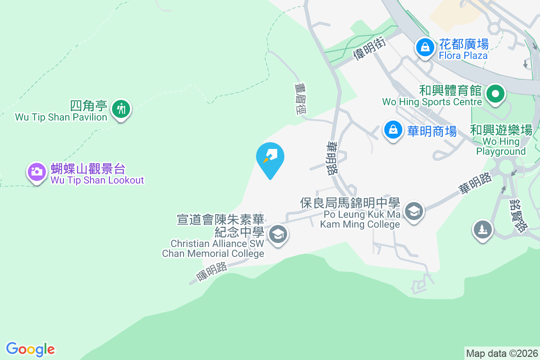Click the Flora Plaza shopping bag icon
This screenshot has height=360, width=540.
click(424, 46)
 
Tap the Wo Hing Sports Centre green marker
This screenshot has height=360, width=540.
click(495, 94)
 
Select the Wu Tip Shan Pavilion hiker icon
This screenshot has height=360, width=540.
click(121, 108)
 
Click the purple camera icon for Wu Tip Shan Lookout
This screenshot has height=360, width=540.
click(36, 171)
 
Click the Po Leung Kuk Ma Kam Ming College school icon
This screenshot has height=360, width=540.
click(414, 210)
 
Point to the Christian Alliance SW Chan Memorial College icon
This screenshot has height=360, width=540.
click(278, 234)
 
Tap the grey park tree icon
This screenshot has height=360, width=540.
click(482, 229)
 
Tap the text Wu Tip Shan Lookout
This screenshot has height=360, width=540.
click(97, 180)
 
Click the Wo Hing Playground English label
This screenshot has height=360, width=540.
click(501, 147)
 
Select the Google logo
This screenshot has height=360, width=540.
click(31, 349)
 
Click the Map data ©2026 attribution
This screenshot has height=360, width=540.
click(502, 353)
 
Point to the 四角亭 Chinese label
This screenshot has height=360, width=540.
click(89, 106)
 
